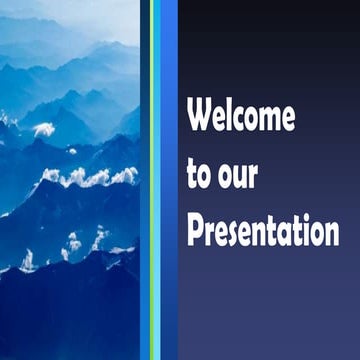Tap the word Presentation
pos(263,233)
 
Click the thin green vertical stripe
pos(152,180)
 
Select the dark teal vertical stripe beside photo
pos(145,180)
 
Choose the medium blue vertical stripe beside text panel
pos(169,180)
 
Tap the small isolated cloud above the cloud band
pos(43,129)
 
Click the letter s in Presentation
pos(233,234)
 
